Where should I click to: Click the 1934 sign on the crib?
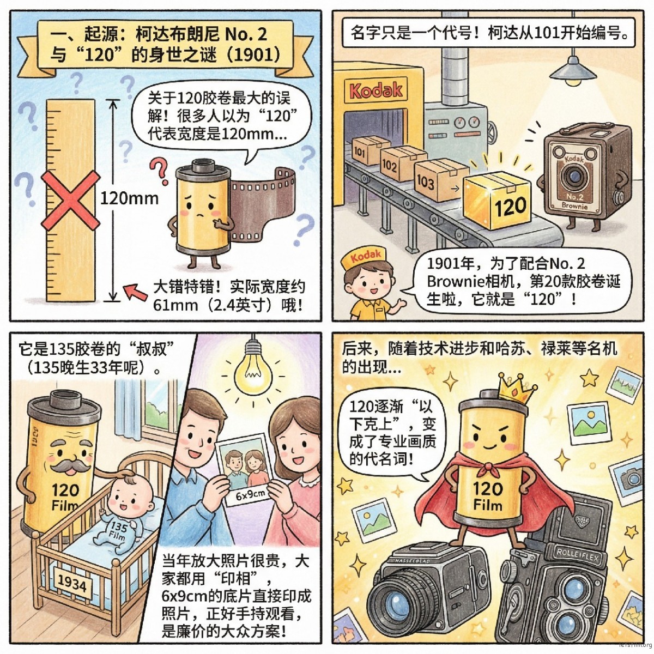pos(72,584)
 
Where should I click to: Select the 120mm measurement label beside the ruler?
pos(129,197)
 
